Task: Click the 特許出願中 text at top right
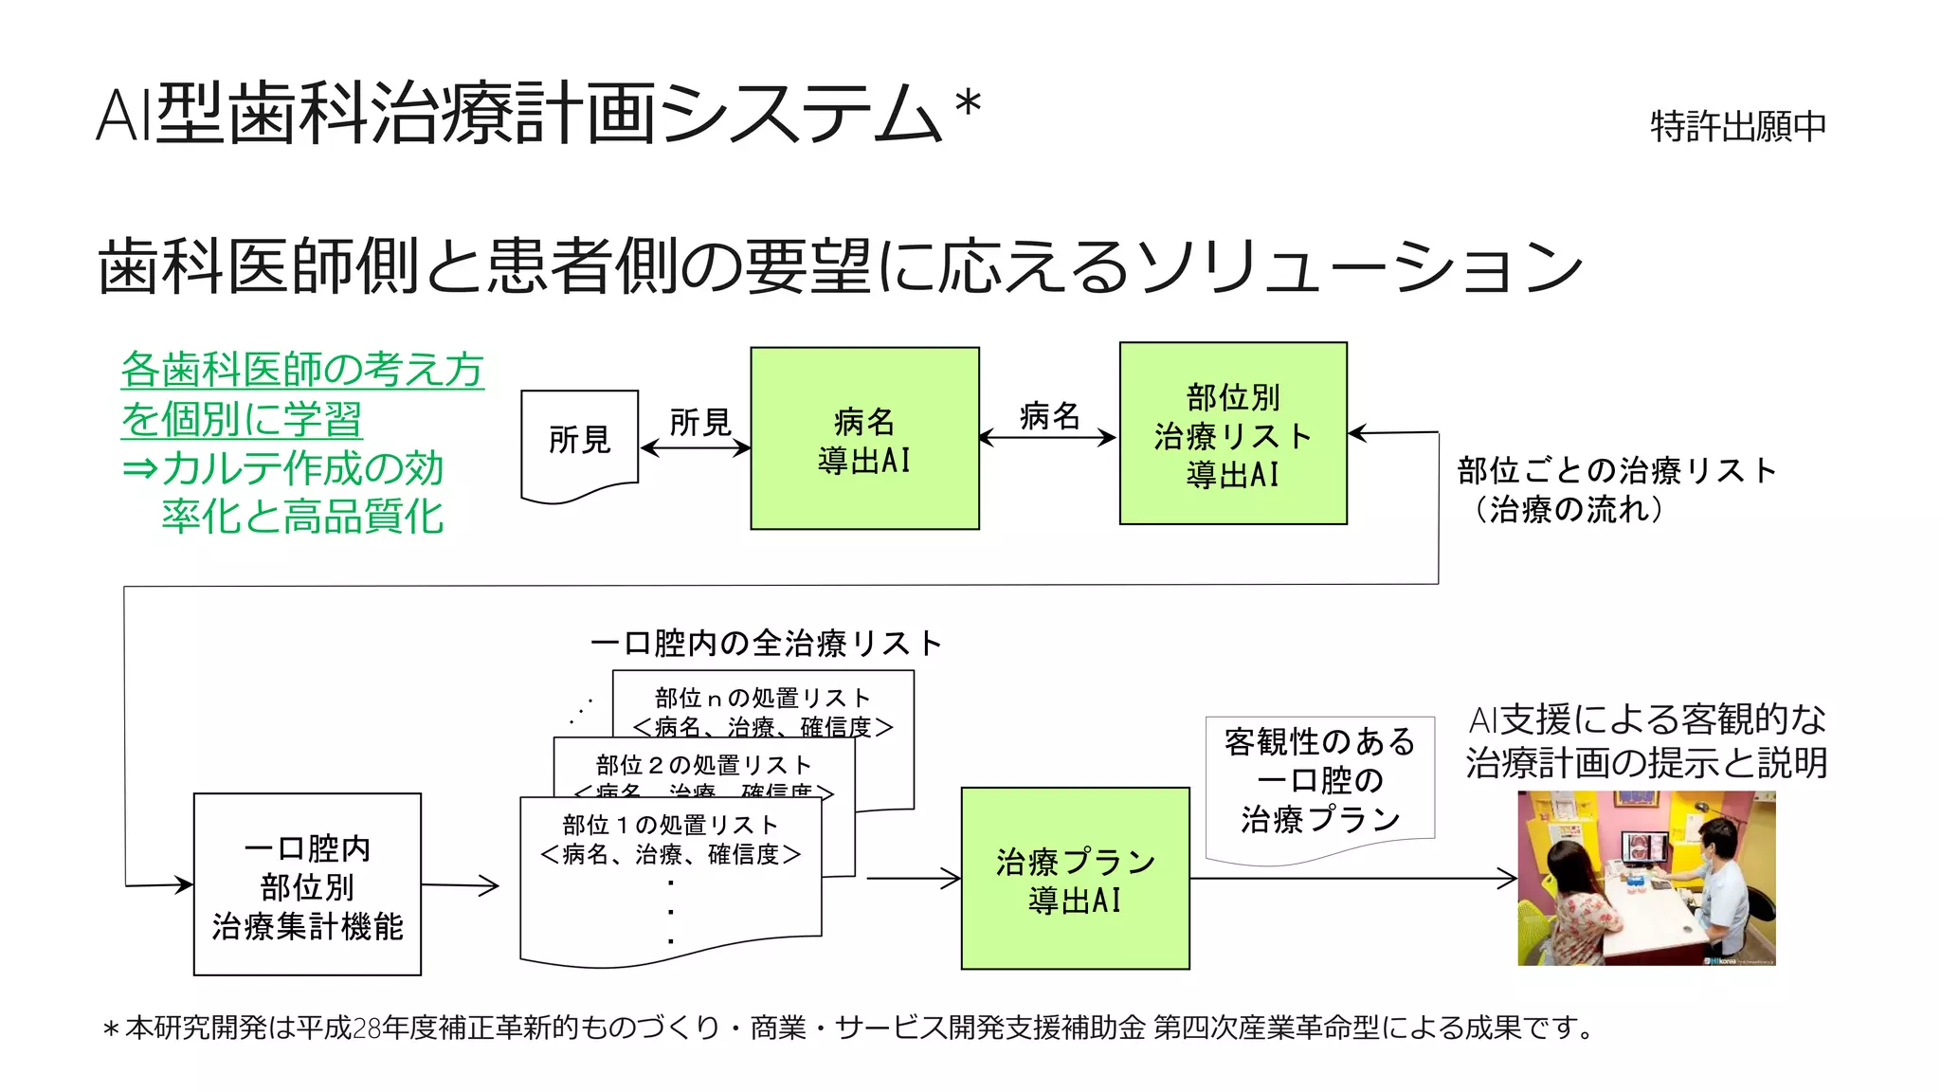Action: click(x=1737, y=126)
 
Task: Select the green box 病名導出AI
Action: click(x=864, y=438)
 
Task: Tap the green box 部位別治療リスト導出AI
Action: click(x=1232, y=433)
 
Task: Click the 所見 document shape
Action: click(x=579, y=441)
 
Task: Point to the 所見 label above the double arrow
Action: click(x=699, y=422)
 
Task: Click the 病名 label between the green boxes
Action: click(x=1049, y=415)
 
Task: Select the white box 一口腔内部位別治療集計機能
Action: click(x=307, y=884)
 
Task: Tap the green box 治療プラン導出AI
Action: click(x=1075, y=879)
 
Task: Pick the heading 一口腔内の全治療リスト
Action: click(x=766, y=643)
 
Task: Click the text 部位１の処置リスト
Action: click(x=670, y=825)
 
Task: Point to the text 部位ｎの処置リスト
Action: click(x=763, y=698)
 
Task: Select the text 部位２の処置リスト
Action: click(x=703, y=764)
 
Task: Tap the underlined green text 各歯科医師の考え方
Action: click(x=302, y=369)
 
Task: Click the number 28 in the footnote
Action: click(x=366, y=1028)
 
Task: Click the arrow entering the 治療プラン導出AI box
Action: click(x=915, y=879)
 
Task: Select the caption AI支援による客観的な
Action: click(x=1647, y=719)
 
